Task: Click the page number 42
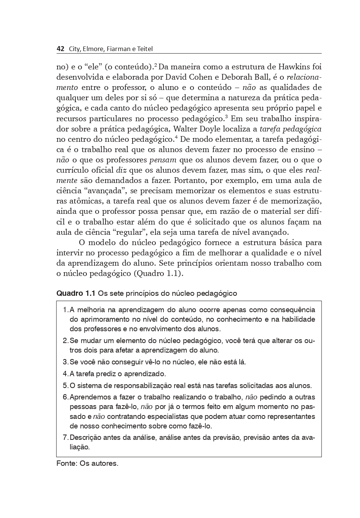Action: (x=60, y=49)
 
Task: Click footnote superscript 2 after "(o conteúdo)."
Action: (x=156, y=64)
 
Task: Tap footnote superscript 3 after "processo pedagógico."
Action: (x=226, y=116)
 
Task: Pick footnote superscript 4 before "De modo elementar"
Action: (x=176, y=137)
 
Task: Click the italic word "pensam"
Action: (x=163, y=160)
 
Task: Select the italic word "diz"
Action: (x=120, y=170)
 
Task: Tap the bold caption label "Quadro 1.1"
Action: (x=76, y=293)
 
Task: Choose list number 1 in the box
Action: (x=65, y=310)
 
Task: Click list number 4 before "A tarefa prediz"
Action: (x=65, y=374)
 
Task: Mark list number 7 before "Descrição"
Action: (x=65, y=438)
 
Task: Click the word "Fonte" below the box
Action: (x=66, y=463)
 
